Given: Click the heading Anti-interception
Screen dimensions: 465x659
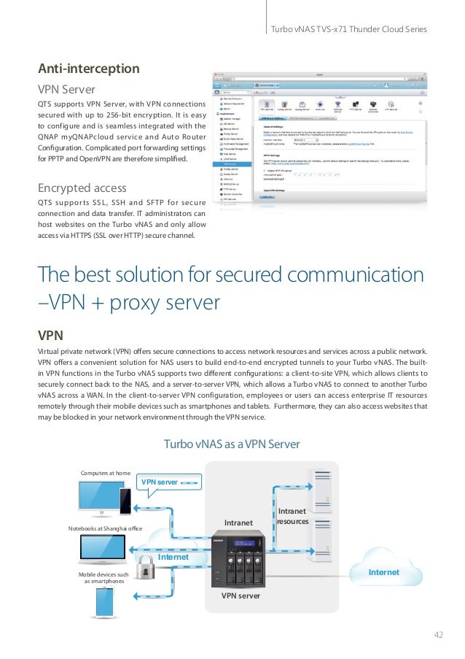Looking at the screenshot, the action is (88, 69).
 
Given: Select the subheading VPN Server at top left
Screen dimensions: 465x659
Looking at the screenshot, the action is (66, 90).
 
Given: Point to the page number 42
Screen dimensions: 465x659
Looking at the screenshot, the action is (438, 633).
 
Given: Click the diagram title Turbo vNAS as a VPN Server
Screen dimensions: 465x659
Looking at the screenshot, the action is (232, 444).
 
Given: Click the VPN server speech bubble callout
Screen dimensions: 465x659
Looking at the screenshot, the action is (168, 482).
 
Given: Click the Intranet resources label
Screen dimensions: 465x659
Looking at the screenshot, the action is (293, 517).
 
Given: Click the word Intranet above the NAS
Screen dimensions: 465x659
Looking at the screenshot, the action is (238, 523).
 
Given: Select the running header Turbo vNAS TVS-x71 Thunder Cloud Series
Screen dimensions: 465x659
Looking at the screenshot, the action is (348, 29).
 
